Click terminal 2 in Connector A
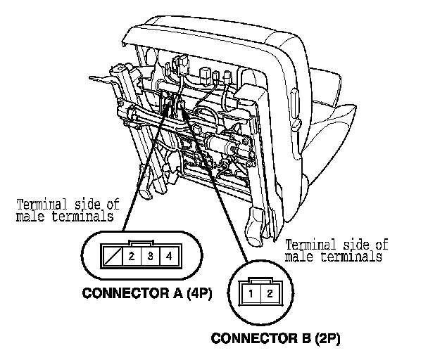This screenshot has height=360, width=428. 132,256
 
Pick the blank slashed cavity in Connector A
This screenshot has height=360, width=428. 113,256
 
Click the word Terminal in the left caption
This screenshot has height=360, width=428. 40,205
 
